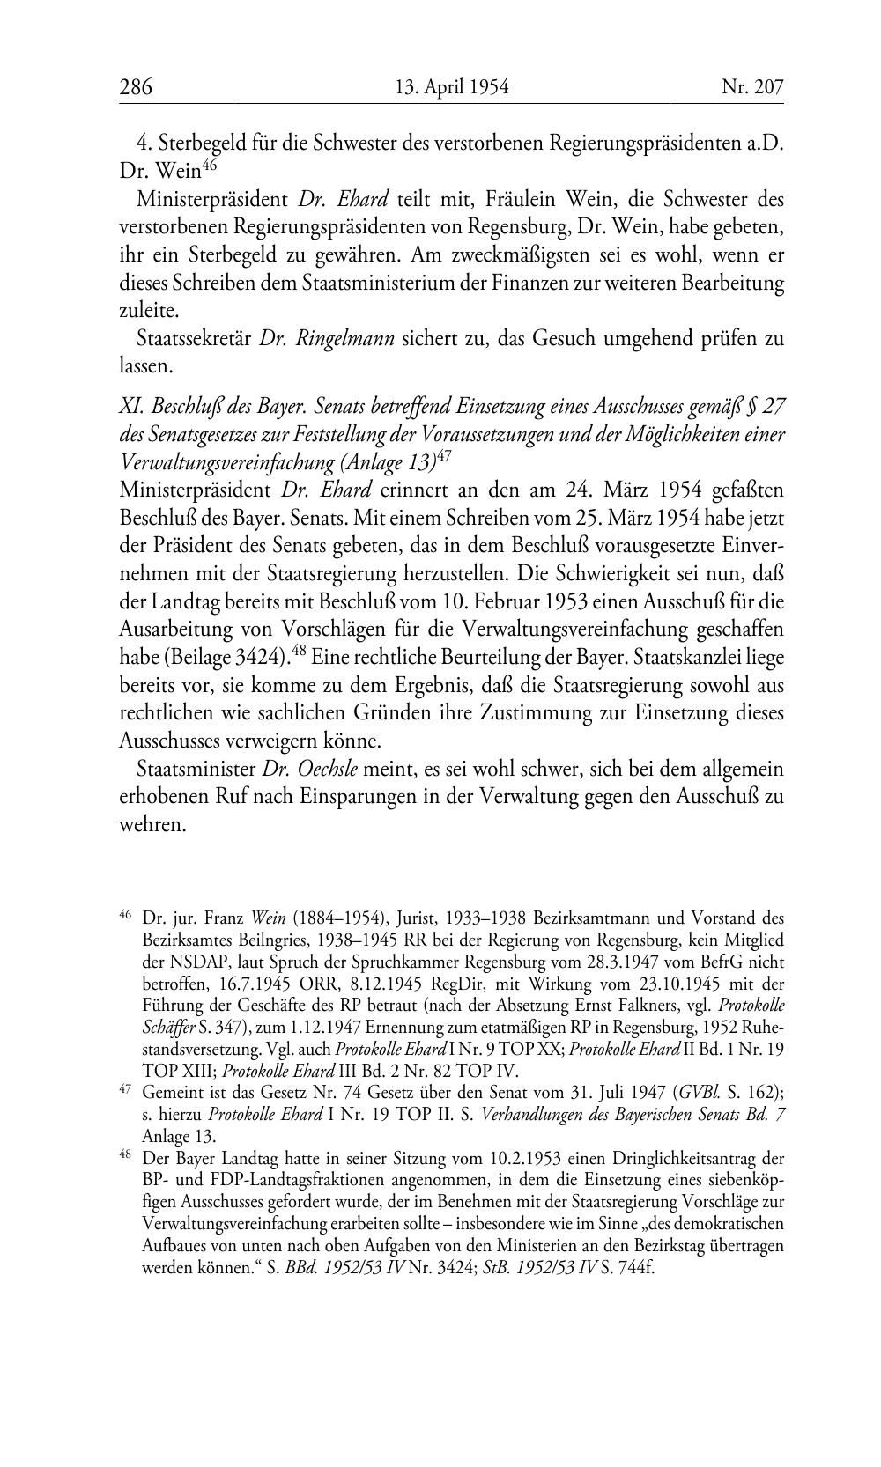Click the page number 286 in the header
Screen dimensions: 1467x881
tap(136, 87)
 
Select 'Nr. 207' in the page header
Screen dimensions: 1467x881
tap(752, 87)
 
